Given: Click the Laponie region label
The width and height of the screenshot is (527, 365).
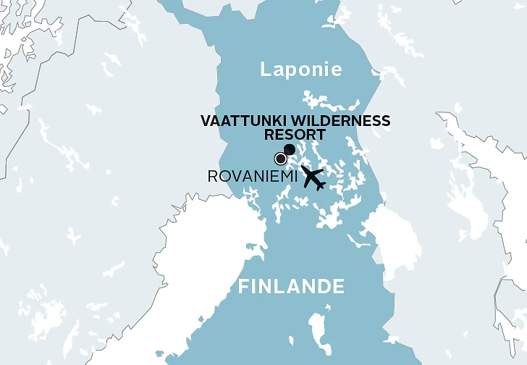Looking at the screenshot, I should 300,70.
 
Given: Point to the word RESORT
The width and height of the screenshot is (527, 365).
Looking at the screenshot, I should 295,134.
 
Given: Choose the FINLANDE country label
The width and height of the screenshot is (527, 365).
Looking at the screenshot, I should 291,287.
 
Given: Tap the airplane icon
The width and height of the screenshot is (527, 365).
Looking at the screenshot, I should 313,177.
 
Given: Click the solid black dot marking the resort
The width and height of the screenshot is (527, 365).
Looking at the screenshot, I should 290,150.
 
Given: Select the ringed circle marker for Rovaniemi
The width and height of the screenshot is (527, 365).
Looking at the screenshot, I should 280,159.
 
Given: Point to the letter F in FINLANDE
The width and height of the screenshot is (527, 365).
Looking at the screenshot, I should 244,287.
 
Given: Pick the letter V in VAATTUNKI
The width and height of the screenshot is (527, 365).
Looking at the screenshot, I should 206,121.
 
